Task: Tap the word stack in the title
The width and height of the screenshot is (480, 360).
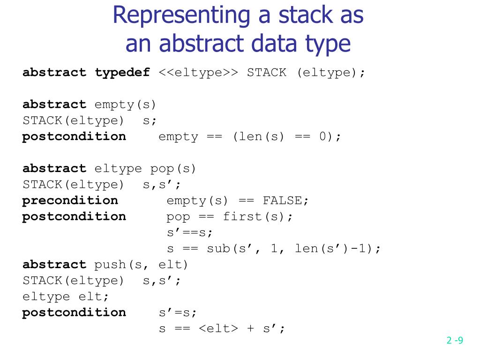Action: (300, 15)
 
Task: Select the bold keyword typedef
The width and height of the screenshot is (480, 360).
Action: (122, 73)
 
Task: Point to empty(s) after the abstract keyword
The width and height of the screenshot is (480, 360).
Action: (125, 105)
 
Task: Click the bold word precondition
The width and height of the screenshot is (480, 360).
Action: (70, 201)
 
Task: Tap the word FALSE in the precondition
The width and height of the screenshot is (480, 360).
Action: (285, 201)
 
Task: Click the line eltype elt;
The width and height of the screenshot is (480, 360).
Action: (66, 297)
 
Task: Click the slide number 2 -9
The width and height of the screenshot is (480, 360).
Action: (454, 341)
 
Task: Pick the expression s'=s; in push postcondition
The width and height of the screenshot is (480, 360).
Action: (178, 313)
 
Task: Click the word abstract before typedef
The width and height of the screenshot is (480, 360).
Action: (54, 73)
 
